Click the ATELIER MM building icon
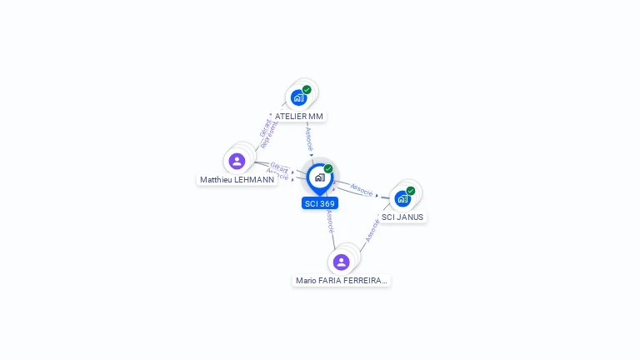click(298, 97)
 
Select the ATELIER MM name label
click(298, 117)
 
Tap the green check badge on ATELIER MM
click(307, 89)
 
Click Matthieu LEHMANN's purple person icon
click(237, 161)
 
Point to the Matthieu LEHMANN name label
click(237, 179)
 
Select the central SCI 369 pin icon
click(319, 177)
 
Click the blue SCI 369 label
click(320, 203)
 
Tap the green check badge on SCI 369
click(328, 169)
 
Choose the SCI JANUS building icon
click(402, 199)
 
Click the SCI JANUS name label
click(402, 217)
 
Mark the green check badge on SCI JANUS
click(411, 191)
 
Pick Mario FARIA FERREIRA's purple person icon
click(341, 262)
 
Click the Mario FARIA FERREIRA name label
click(342, 281)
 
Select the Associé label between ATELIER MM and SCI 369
click(309, 137)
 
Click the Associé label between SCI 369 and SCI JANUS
click(362, 190)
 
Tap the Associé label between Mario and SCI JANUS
click(372, 231)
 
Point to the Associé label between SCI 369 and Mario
click(330, 220)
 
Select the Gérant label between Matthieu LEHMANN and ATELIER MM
click(265, 128)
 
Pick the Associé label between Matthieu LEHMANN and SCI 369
click(277, 175)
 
